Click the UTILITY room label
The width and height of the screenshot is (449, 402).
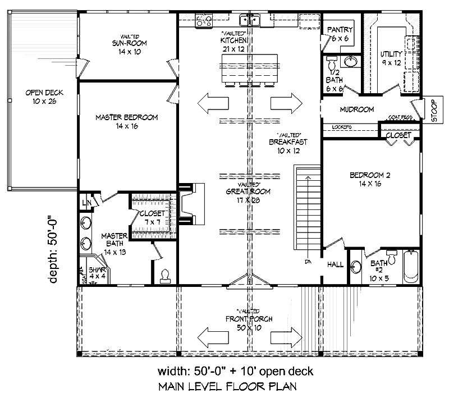391,54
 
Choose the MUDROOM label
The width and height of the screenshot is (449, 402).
357,109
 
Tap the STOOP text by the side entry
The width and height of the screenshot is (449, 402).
433,110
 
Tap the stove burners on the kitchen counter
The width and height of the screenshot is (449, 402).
204,21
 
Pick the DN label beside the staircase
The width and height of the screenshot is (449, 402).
308,262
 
